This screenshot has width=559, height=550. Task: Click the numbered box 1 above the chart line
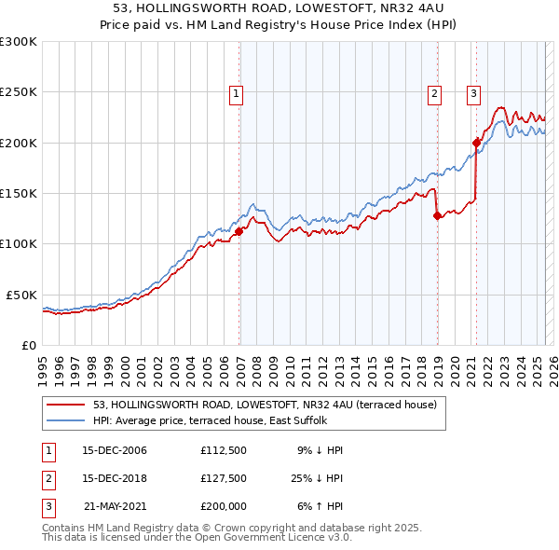[237, 92]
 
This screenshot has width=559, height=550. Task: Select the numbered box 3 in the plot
[473, 92]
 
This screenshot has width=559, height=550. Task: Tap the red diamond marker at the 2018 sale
[438, 215]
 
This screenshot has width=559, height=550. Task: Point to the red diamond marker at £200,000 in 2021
[477, 143]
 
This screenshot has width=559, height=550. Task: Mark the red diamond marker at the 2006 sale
[239, 231]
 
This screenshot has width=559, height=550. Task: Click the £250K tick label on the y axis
[19, 92]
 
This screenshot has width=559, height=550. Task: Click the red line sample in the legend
[66, 405]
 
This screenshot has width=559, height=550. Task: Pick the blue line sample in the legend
[66, 420]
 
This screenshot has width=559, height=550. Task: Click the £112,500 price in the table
[223, 450]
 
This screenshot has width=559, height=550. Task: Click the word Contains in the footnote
[65, 528]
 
